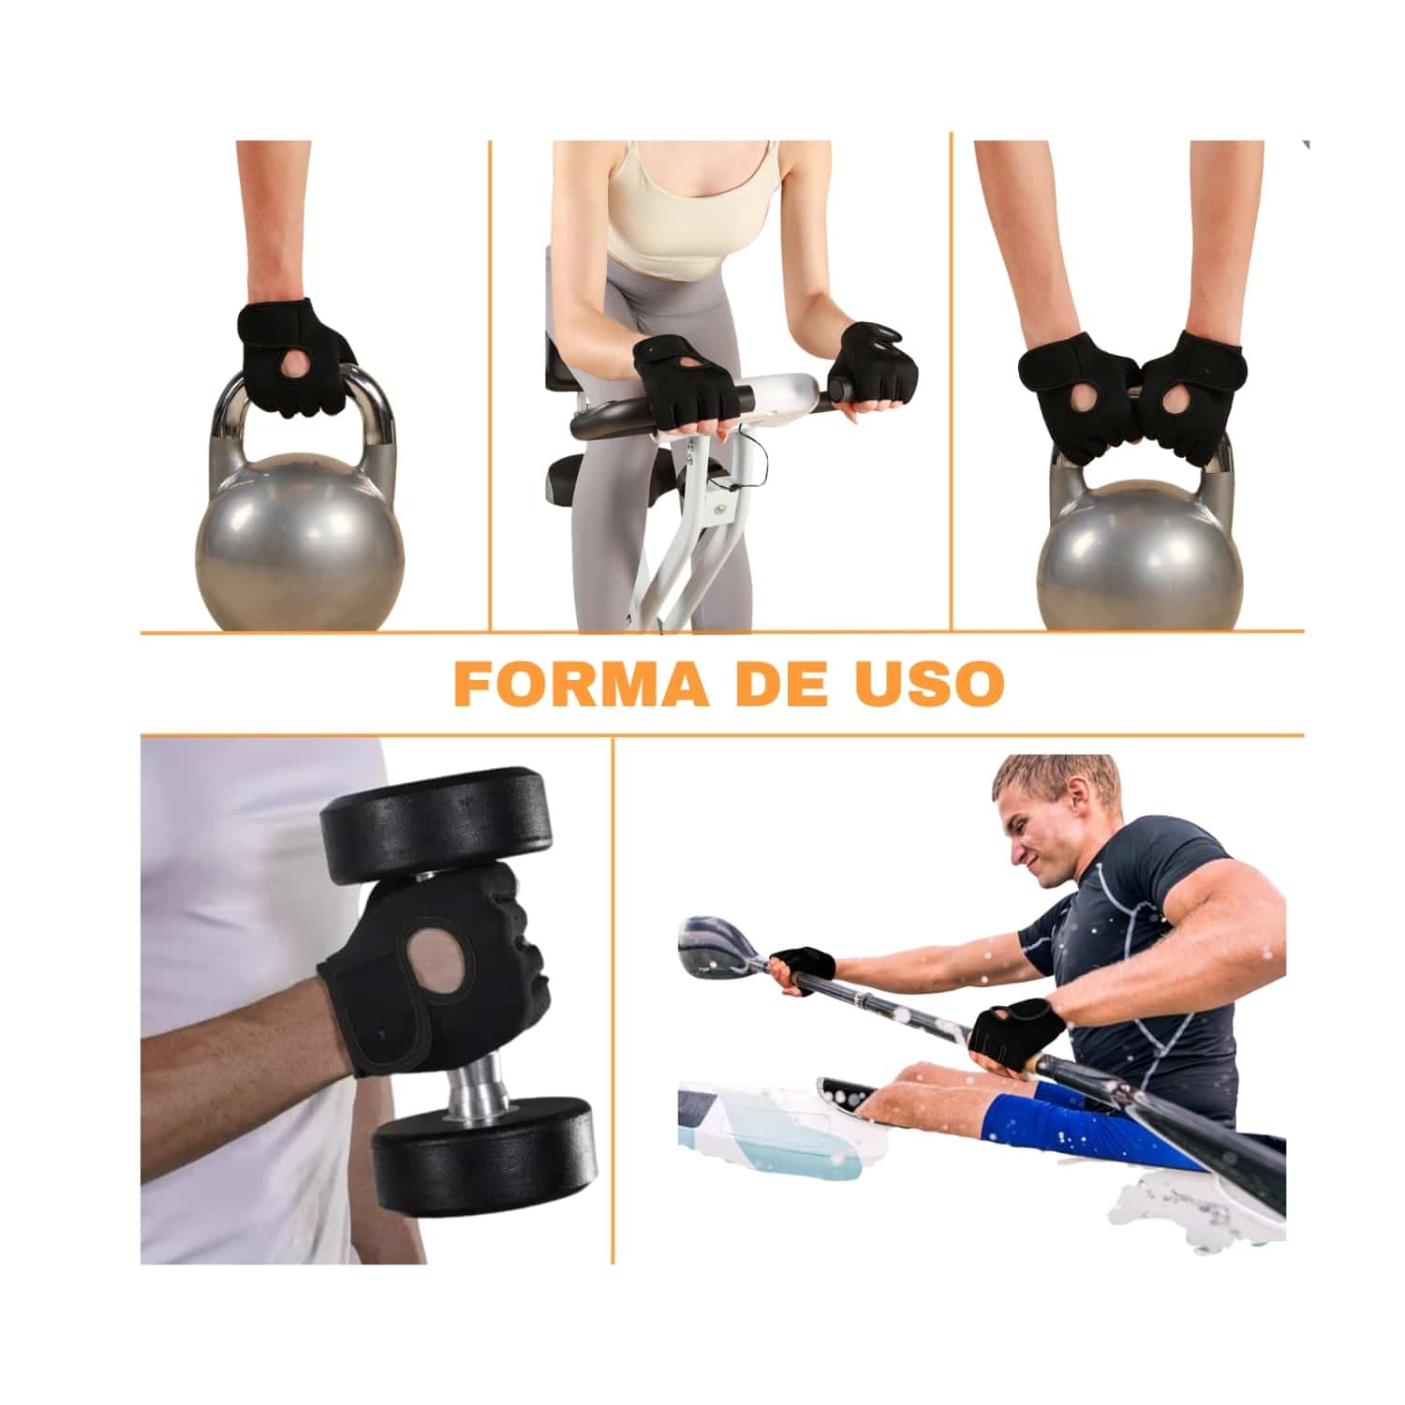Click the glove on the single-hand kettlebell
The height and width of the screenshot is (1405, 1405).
(x=292, y=356)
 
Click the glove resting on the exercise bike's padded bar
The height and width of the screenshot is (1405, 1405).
(x=677, y=377)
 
